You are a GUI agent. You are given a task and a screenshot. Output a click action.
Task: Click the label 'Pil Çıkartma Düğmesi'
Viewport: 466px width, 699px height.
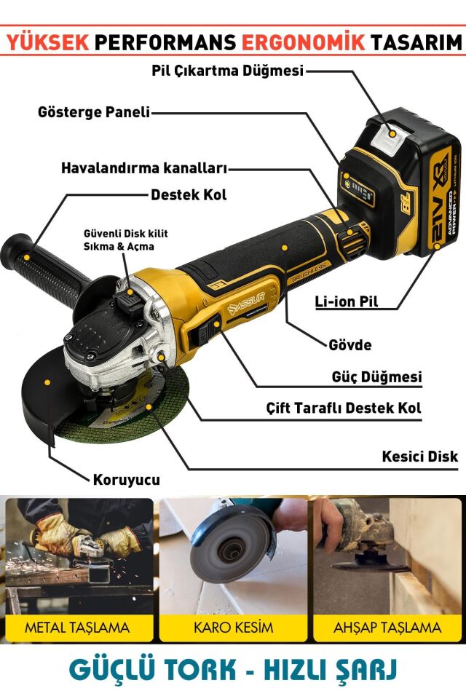(228, 71)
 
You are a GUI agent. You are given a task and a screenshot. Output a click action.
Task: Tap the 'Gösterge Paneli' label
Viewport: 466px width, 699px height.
(94, 113)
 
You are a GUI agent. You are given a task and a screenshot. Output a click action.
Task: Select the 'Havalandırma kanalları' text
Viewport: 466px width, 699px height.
(144, 168)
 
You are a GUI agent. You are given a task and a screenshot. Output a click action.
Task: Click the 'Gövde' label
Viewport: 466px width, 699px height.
(349, 344)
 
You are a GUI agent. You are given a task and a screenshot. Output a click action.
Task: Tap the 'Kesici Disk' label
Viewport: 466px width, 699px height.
(420, 457)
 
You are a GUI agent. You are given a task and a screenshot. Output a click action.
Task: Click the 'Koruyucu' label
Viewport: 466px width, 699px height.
(126, 480)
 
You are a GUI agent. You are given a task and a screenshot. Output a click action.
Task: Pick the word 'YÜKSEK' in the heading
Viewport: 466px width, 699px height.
(47, 43)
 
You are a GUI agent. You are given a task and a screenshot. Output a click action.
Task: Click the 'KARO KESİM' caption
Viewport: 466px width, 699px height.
(233, 627)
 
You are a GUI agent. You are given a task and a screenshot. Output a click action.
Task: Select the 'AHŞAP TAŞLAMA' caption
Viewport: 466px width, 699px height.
(387, 627)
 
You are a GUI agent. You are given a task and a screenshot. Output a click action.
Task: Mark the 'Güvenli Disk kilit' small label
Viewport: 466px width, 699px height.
(125, 233)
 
